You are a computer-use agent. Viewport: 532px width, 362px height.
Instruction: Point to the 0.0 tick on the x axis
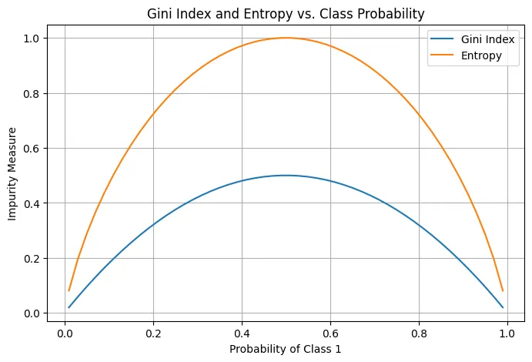click(x=65, y=335)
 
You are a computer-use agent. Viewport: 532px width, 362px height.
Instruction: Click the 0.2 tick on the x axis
click(x=153, y=335)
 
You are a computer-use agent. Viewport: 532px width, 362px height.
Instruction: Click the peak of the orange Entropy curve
click(x=285, y=38)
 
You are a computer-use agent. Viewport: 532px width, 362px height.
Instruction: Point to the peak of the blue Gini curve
click(x=285, y=176)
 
